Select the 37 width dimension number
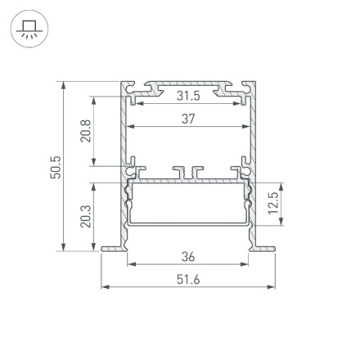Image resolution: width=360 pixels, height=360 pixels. (188, 119)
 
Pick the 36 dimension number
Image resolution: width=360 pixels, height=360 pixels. (188, 256)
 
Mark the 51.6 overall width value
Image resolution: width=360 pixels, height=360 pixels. (188, 280)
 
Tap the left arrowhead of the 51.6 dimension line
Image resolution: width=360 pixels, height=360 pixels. (104, 288)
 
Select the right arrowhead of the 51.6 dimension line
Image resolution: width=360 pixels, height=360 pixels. (272, 288)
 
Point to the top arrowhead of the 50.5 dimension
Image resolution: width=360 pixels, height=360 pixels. (64, 84)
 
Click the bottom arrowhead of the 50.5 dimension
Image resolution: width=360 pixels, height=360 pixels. (64, 249)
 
